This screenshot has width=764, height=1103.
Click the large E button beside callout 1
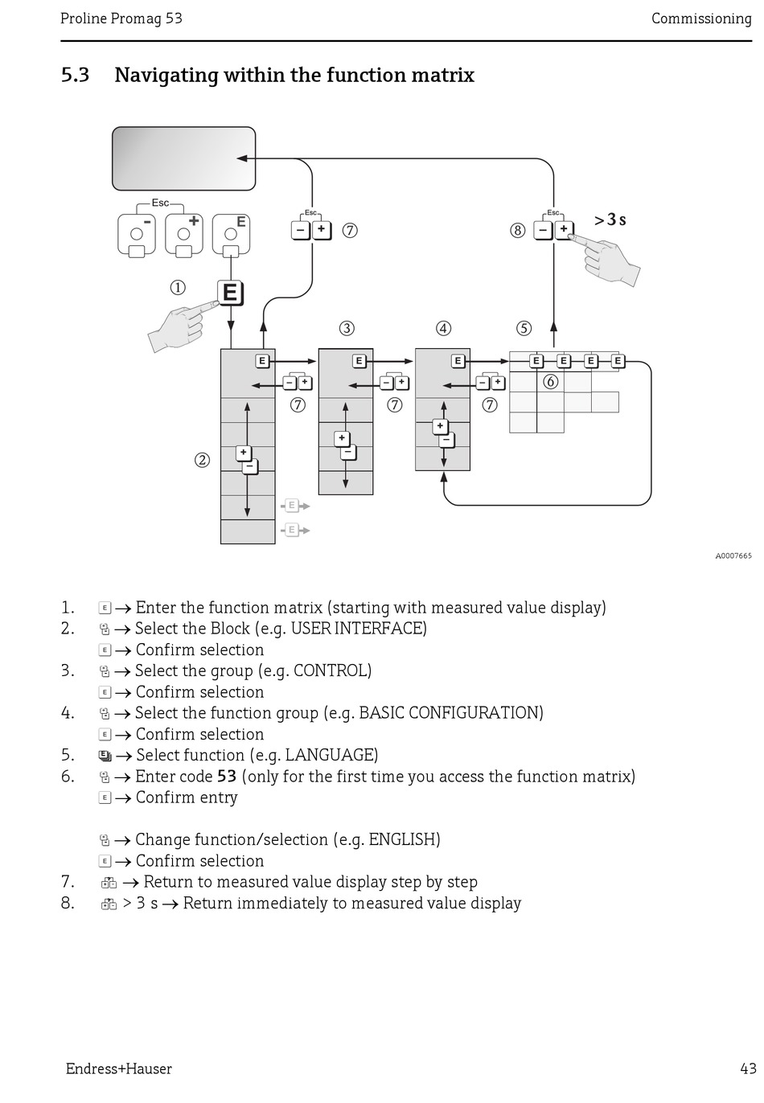[230, 293]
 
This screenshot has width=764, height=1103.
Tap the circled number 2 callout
[202, 460]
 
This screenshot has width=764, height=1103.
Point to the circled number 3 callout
[346, 328]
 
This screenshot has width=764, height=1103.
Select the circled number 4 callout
[443, 328]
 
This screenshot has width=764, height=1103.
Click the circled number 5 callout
[524, 328]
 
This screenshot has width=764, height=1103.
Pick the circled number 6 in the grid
[550, 382]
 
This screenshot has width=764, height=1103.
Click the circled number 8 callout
[517, 231]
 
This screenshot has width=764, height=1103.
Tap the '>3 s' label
[610, 219]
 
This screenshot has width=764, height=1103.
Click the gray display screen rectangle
[183, 158]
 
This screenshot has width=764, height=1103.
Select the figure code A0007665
[733, 556]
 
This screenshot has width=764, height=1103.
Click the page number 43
[748, 1068]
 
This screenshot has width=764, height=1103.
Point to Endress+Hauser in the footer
[119, 1068]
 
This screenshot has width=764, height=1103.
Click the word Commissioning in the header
[700, 18]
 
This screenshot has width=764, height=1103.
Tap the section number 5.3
[75, 76]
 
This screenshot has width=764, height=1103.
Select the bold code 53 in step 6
[227, 777]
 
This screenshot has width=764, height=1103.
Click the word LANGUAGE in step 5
[331, 755]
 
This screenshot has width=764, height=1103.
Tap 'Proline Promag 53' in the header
[121, 18]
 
